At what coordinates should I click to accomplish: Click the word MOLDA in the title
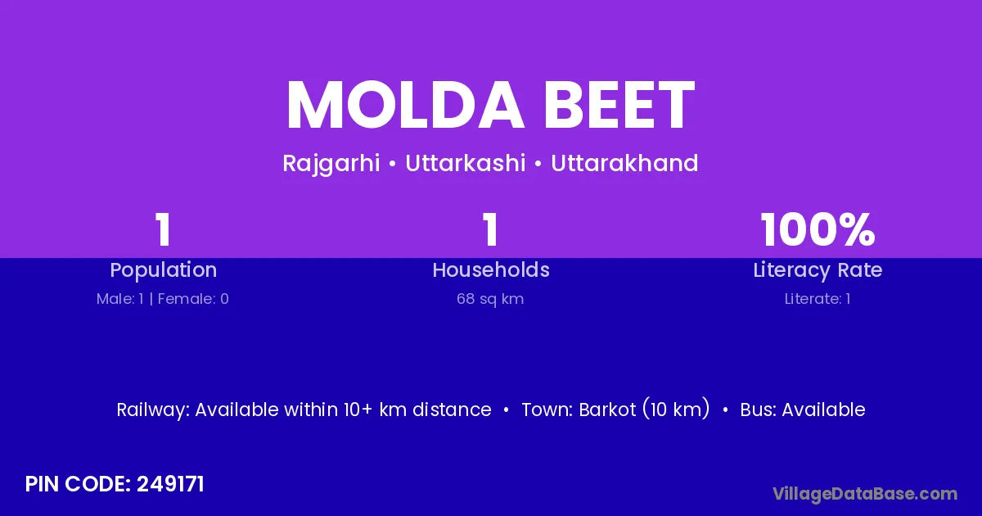405,105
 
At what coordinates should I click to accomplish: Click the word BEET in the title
619,105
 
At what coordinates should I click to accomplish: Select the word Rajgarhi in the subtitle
331,164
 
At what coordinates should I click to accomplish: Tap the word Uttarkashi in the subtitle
465,163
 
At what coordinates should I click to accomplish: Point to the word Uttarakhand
624,163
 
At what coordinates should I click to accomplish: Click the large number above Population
163,229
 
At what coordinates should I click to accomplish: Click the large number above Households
490,229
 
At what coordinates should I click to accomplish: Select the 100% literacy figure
818,229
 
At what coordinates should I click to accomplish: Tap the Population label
164,270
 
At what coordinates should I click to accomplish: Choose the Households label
491,269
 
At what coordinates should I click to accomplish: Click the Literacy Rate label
818,270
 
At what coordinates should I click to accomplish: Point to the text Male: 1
120,299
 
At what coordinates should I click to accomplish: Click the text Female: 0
193,299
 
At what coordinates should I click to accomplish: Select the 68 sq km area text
490,299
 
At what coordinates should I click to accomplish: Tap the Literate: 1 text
818,299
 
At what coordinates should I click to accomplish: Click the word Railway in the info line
153,410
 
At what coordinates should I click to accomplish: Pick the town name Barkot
607,410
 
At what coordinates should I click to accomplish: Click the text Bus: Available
803,410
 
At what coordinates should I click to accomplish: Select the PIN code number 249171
170,484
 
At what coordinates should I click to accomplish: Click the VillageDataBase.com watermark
865,494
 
